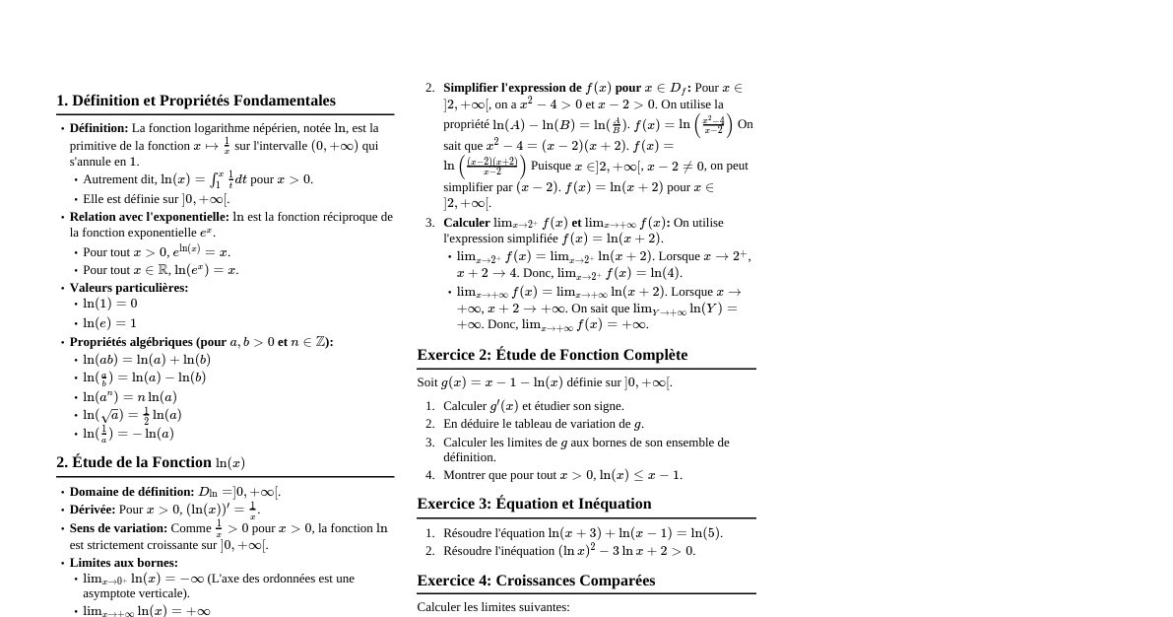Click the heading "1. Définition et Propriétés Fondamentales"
point(195,101)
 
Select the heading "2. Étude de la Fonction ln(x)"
point(151,462)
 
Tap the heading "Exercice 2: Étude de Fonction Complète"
point(552,355)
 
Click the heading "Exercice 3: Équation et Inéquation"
point(534,504)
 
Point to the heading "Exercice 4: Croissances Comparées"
point(536,581)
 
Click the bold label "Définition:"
point(98,128)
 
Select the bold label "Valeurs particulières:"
point(129,288)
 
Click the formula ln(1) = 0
point(110,304)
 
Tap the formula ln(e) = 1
point(110,323)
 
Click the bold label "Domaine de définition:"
point(132,492)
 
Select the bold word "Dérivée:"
point(93,510)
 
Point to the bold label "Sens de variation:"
point(118,528)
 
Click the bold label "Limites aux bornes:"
point(124,563)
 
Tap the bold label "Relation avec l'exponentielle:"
point(150,217)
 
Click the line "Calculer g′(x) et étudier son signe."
point(533,406)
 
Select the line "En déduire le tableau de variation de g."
point(544,424)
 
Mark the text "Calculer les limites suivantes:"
point(493,607)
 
